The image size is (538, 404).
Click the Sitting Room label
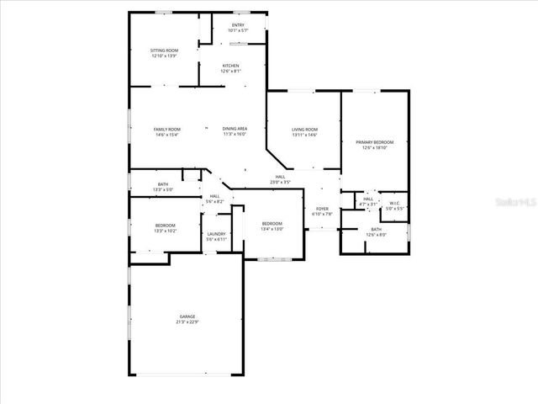[x=164, y=50]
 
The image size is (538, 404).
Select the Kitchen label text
[x=230, y=66]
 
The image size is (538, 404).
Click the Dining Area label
[x=235, y=129]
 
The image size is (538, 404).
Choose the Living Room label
[x=304, y=130]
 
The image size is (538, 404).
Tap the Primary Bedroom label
[x=374, y=143]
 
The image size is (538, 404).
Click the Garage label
[x=187, y=316]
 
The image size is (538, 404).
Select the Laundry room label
[x=216, y=235]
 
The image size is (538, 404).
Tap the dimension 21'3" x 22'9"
[x=187, y=322]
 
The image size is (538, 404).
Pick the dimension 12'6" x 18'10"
[x=374, y=148]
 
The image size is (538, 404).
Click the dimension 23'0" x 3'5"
[x=280, y=182]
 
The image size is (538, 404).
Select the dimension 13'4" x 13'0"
[x=272, y=229]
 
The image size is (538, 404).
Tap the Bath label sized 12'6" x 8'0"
[x=376, y=230]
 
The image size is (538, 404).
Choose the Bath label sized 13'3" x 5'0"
[x=163, y=184]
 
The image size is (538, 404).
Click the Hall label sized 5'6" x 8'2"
[x=215, y=196]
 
